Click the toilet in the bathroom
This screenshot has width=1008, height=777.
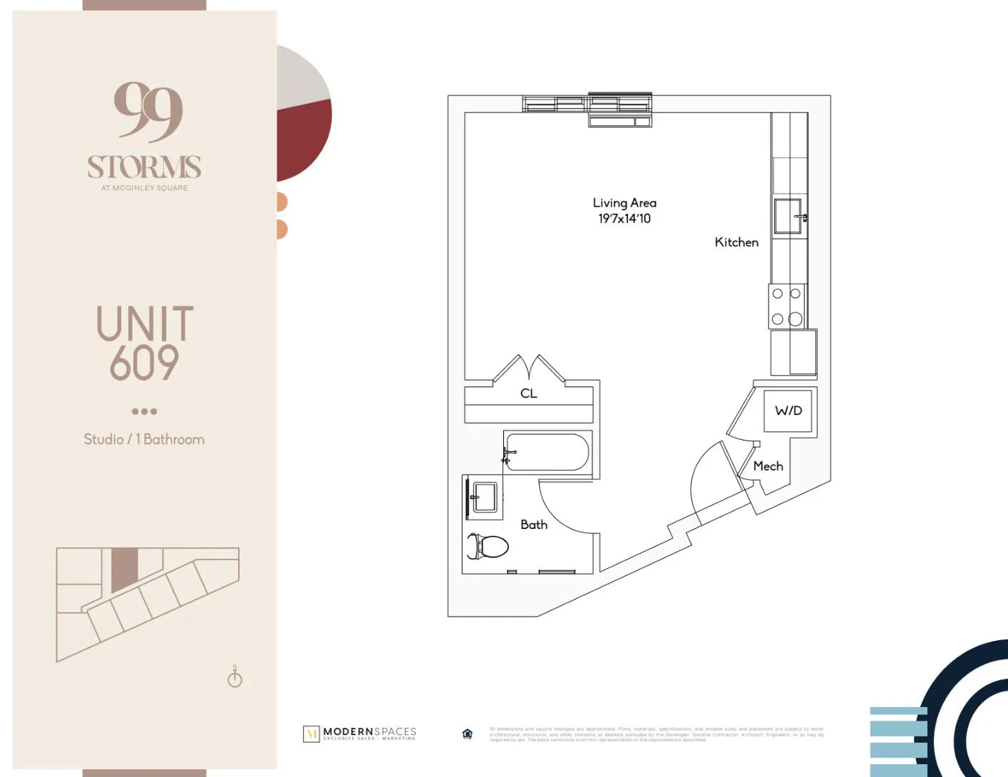tap(489, 547)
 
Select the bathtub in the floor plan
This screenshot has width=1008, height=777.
tap(547, 453)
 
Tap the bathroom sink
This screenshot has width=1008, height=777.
tap(485, 497)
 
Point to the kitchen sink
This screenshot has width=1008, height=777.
tap(788, 216)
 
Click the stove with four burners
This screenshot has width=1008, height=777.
tap(786, 307)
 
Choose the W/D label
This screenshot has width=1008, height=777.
tap(788, 411)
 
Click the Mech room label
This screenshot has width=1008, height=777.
tap(768, 466)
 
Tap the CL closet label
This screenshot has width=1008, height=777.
tap(528, 393)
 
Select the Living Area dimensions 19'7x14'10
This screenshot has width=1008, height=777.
tap(624, 219)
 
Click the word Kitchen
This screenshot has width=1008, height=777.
tap(736, 242)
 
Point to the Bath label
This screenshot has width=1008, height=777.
tap(534, 525)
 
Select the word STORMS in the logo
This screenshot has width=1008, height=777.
tap(144, 168)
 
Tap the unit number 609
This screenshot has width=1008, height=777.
tap(144, 363)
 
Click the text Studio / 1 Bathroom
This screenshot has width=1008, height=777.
tap(144, 439)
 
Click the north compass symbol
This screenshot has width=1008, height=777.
tap(235, 677)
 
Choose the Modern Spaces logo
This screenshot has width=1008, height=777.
tap(360, 734)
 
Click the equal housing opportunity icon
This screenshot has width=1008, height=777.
tap(468, 734)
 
